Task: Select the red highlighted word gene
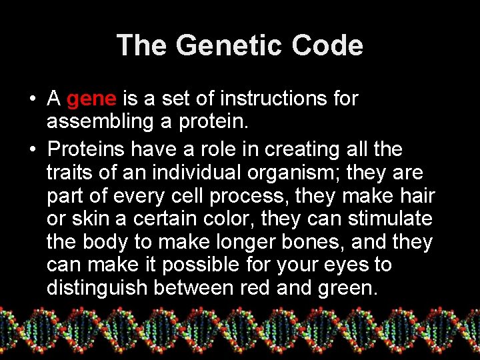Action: (92, 99)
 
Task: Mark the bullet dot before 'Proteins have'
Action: (33, 149)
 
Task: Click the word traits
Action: (71, 172)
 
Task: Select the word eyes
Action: (343, 265)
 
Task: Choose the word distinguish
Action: (97, 288)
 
